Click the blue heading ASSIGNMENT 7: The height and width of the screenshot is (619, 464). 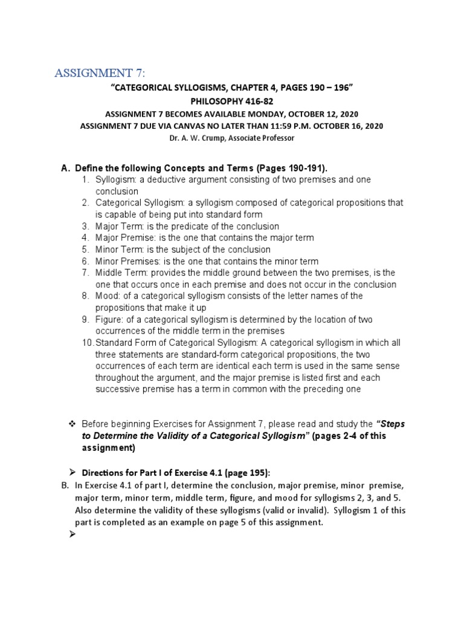[100, 74]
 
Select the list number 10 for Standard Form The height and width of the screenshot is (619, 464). [87, 343]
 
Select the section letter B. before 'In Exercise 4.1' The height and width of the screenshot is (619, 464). [65, 485]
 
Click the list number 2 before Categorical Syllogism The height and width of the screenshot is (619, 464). [86, 203]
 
